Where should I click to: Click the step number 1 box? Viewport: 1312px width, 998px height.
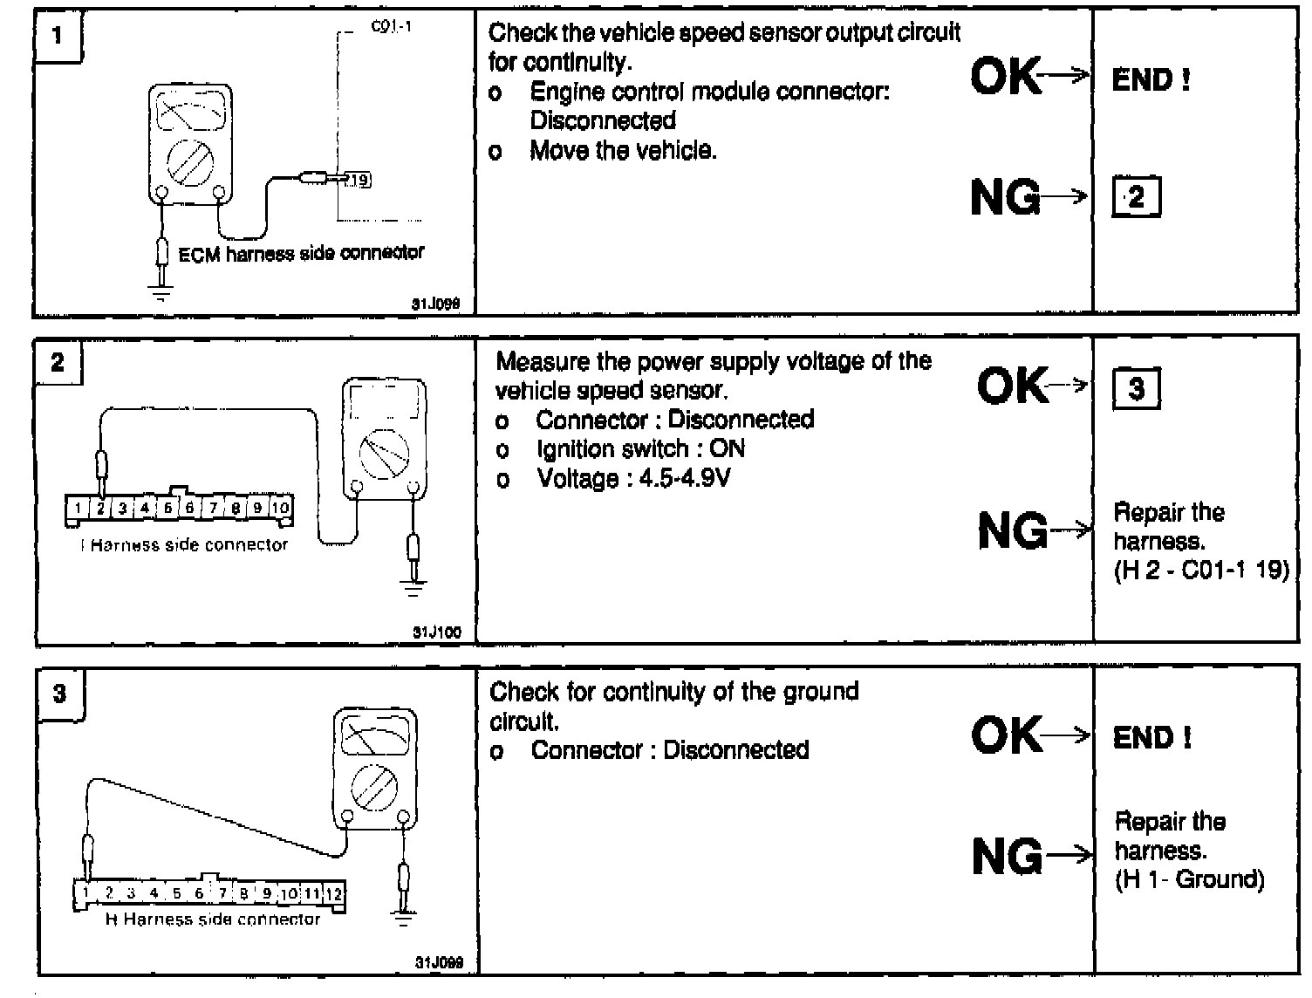click(58, 36)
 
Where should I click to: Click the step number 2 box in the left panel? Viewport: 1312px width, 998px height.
click(58, 362)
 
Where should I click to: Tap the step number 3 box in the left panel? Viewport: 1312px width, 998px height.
click(59, 694)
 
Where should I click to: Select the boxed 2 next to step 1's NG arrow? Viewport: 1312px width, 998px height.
click(1135, 198)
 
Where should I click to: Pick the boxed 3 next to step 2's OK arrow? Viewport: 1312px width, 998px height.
click(1136, 388)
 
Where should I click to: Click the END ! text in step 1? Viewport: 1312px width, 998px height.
click(1151, 80)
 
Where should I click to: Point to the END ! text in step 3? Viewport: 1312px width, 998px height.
click(1151, 738)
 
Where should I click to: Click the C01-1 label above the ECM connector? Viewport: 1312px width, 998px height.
click(391, 26)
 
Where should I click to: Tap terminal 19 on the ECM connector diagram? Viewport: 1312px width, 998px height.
click(358, 180)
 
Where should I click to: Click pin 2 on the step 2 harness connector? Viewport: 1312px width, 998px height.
click(101, 508)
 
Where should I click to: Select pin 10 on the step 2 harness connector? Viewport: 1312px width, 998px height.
click(280, 508)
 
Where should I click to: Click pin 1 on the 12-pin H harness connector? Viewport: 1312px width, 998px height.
click(86, 893)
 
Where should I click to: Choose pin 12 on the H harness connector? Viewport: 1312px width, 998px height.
click(334, 893)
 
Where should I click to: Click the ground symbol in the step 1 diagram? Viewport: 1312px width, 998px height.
click(161, 293)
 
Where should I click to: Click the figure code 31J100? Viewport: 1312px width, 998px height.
click(436, 632)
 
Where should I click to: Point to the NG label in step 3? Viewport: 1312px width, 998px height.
click(1007, 856)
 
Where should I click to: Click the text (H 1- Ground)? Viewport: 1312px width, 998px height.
click(1189, 878)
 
